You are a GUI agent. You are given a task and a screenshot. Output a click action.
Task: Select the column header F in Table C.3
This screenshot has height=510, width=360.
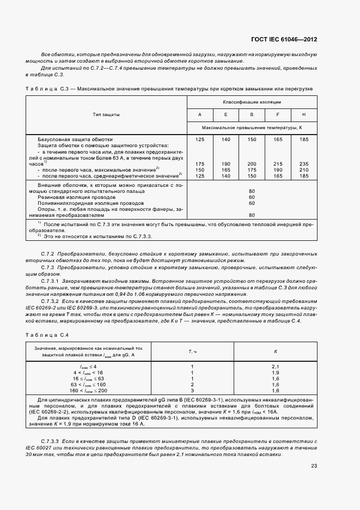point(278,114)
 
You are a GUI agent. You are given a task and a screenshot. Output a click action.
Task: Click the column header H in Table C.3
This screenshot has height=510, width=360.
point(303,114)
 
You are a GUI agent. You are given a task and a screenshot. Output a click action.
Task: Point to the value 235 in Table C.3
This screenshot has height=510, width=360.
point(303,163)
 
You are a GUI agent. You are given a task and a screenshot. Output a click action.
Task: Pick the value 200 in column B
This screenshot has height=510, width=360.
point(252,163)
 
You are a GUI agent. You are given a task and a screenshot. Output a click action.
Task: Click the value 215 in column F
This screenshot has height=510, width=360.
point(278,163)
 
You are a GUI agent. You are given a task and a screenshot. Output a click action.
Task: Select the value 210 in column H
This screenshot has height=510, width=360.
point(303,169)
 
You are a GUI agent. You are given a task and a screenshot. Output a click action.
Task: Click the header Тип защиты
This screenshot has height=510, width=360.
point(107,114)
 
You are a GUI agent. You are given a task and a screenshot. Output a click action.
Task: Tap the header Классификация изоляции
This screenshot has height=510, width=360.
point(252,102)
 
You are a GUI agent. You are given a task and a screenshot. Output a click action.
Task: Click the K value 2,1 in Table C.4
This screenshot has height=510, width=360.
point(274,366)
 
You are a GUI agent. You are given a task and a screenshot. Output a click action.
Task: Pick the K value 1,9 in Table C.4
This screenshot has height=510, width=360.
point(274,372)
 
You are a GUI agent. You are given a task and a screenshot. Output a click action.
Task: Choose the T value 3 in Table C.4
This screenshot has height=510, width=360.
point(192,390)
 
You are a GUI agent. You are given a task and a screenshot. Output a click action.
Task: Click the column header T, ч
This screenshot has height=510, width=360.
point(192,351)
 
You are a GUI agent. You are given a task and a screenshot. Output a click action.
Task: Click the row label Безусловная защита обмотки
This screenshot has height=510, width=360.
point(75,139)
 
